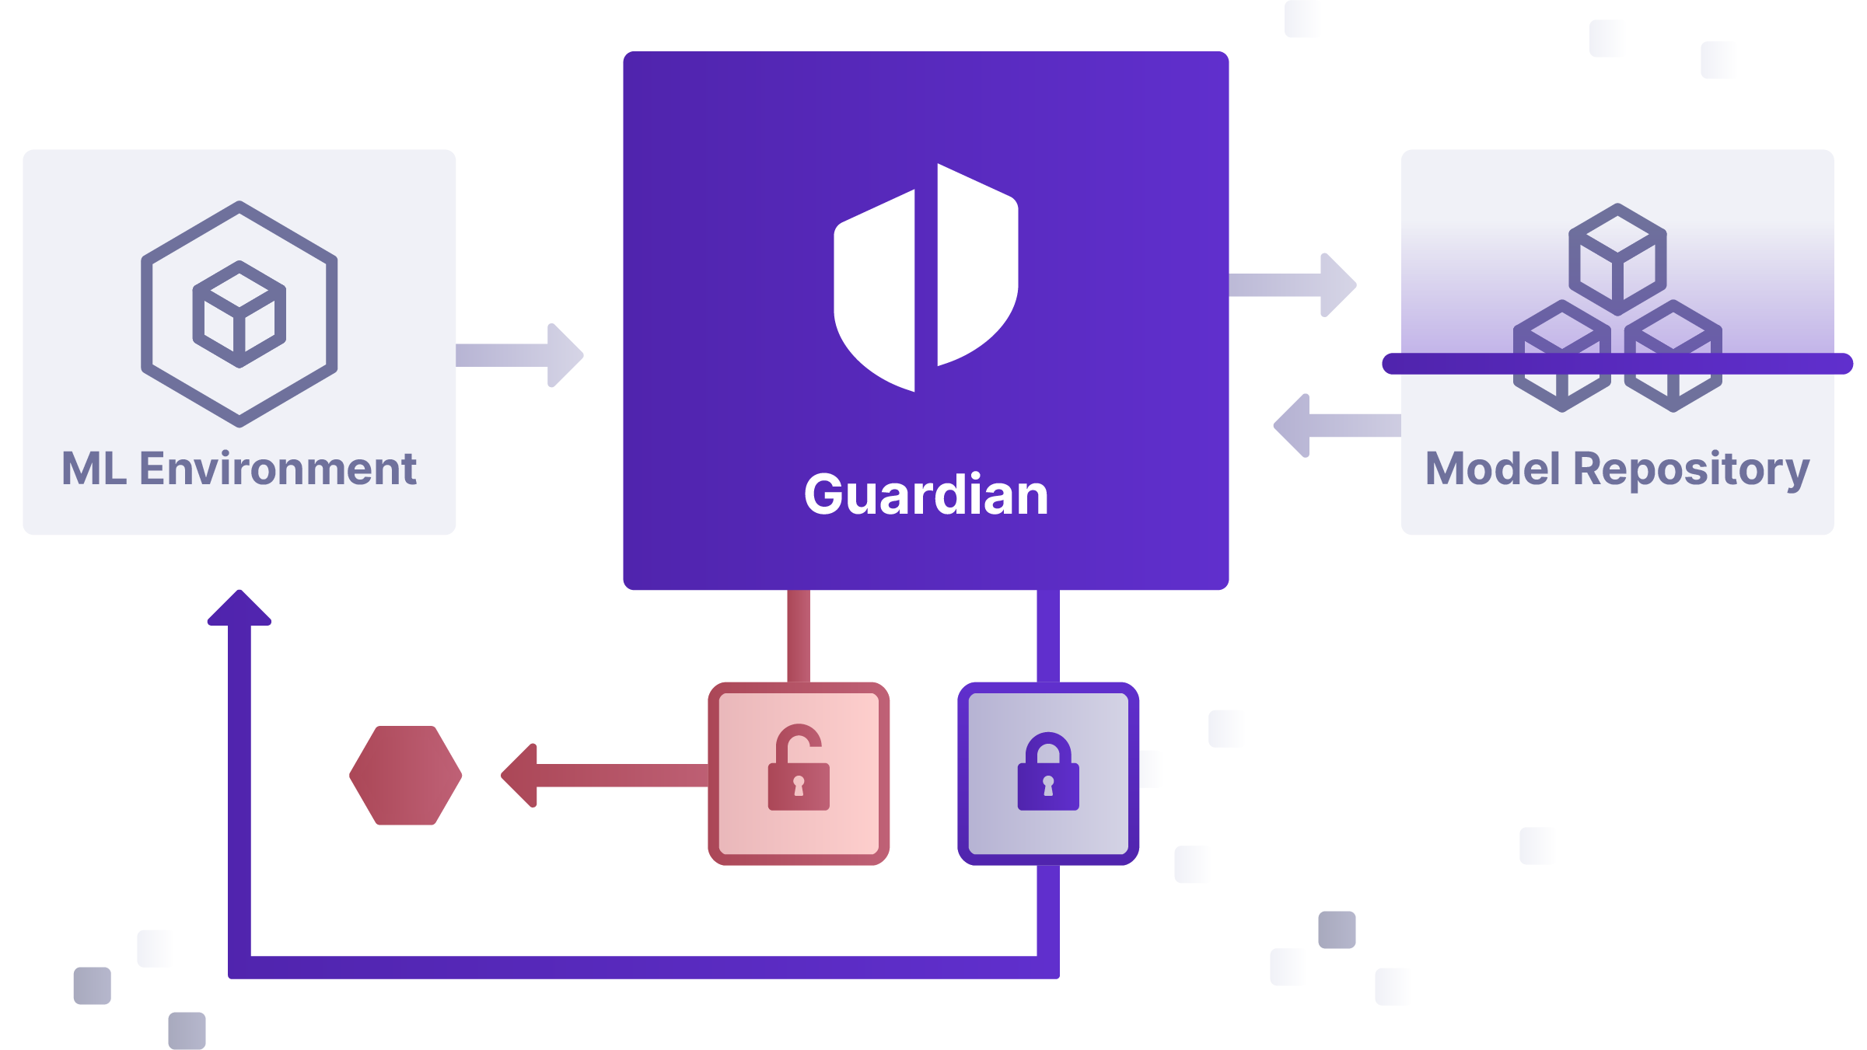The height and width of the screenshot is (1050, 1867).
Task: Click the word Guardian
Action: tap(925, 494)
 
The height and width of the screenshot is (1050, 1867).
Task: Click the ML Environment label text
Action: tap(239, 469)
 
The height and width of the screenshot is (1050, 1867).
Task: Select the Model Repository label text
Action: tap(1617, 469)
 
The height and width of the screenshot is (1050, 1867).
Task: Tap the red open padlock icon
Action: tap(799, 769)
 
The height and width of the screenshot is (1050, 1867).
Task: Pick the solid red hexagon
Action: tap(406, 775)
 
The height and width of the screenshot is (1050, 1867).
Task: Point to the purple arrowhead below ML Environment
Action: tap(239, 609)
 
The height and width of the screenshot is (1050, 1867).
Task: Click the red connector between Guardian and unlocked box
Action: tap(799, 636)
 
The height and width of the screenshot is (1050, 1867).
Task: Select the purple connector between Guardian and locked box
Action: tap(1048, 636)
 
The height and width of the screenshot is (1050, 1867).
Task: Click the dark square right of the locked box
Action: tap(1337, 930)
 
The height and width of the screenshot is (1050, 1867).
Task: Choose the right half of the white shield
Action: tap(976, 264)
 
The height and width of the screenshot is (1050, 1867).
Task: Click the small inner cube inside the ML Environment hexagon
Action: tap(239, 314)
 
